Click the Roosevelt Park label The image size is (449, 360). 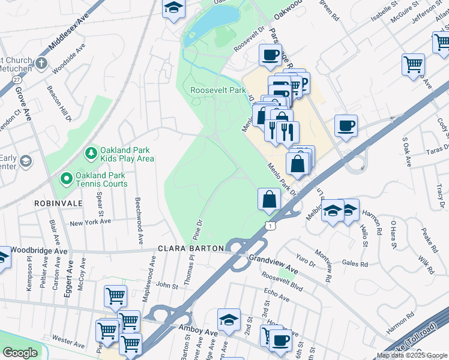218,90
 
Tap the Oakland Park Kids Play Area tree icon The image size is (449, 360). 91,153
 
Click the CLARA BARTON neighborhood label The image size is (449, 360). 191,248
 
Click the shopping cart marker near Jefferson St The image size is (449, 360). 414,64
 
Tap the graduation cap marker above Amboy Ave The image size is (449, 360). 229,320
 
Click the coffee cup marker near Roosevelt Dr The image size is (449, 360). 270,55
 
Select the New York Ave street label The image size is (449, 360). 91,222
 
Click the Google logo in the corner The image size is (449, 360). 20,353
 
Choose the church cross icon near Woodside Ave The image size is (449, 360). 41,63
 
